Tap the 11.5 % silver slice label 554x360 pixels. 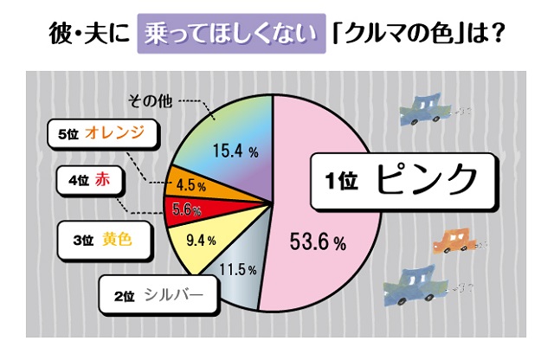tap(239, 271)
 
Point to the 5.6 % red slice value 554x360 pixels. tap(187, 209)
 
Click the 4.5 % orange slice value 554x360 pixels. tap(190, 184)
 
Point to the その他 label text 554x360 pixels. tap(149, 99)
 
